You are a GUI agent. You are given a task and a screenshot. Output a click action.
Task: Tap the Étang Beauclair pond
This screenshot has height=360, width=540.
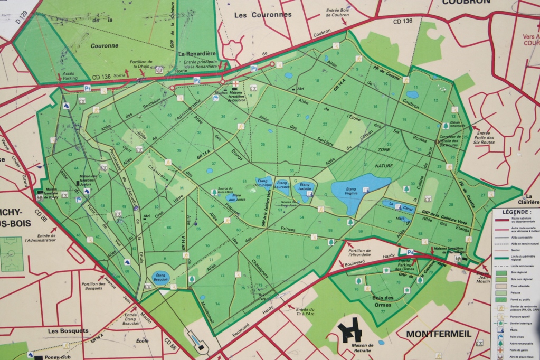(160, 277)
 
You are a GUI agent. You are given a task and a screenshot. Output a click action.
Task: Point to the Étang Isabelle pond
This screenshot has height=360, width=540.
(304, 190)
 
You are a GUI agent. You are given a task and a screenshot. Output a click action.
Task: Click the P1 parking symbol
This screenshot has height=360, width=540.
(87, 88)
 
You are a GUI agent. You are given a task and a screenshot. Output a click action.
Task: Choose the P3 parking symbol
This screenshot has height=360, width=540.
(254, 68)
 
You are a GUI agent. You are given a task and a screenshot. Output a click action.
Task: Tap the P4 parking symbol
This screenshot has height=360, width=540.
(410, 252)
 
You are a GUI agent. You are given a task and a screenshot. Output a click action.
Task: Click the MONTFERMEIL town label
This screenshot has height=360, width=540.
(439, 334)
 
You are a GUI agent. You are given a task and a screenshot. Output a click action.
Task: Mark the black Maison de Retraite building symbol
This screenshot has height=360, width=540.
(349, 330)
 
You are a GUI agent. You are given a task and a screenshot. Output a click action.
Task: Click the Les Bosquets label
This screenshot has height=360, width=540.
(68, 331)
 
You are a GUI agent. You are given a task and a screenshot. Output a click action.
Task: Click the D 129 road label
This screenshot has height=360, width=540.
(21, 15)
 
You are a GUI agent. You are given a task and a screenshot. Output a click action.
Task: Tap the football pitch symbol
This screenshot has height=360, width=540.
(12, 254)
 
